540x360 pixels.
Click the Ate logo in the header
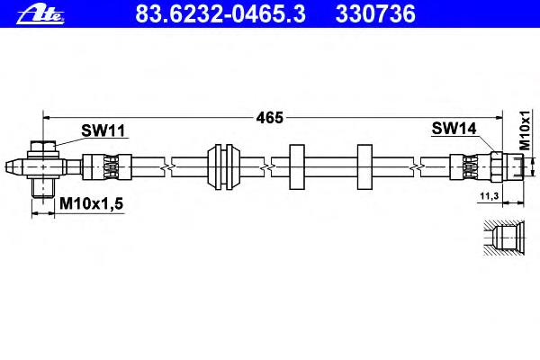coord(40,14)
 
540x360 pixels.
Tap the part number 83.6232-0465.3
coord(220,13)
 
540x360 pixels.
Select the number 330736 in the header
coord(375,13)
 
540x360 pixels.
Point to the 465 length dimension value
coord(270,118)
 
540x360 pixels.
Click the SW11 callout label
coord(103,130)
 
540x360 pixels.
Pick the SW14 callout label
coord(454,129)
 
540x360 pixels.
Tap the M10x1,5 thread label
coord(91,203)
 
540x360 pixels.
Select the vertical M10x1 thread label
coord(525,130)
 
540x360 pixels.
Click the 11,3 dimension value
coord(490,196)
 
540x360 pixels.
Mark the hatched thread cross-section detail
coord(504,238)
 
